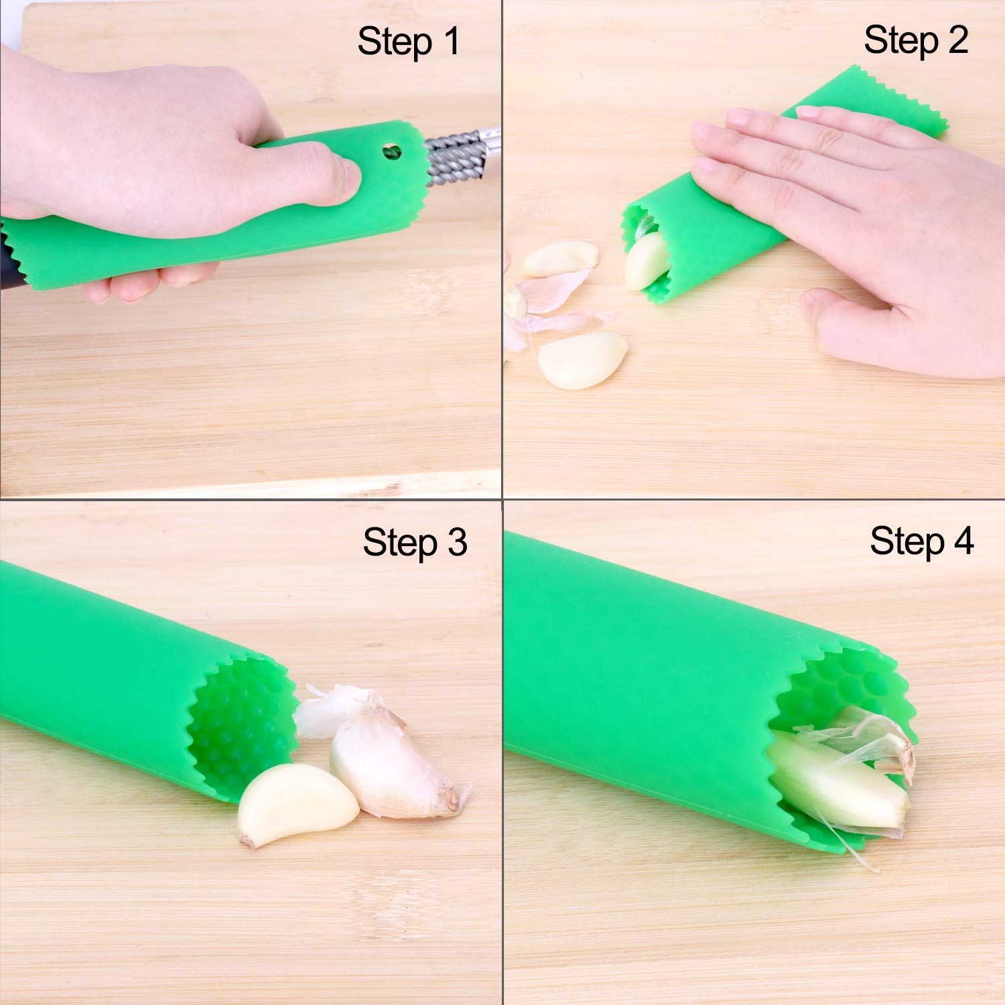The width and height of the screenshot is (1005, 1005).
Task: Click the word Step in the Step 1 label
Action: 395,43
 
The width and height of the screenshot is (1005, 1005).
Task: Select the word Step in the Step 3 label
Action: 401,543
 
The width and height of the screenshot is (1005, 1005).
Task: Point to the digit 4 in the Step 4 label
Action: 963,541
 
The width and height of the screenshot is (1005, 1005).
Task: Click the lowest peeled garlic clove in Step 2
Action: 582,360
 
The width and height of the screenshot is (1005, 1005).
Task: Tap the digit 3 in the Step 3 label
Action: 458,543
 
